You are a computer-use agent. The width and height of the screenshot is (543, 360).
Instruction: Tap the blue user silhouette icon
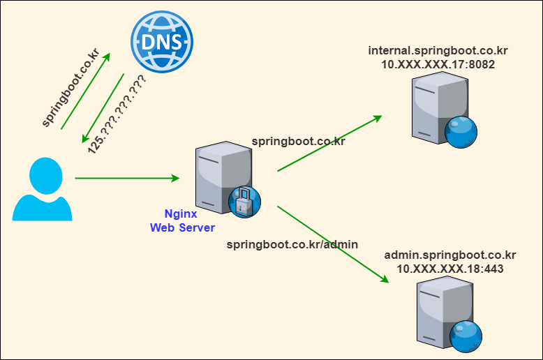pyautogui.click(x=43, y=189)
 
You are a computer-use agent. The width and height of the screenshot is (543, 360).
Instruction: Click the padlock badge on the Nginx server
pyautogui.click(x=245, y=203)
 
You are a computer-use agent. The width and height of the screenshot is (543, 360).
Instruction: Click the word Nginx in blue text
pyautogui.click(x=180, y=214)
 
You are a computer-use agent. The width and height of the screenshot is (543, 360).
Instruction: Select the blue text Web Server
pyautogui.click(x=183, y=227)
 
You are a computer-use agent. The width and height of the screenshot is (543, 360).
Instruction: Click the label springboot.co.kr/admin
pyautogui.click(x=292, y=244)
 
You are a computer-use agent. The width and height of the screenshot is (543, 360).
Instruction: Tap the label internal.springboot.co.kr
pyautogui.click(x=438, y=50)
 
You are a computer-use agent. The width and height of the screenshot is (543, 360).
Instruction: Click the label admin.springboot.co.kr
pyautogui.click(x=450, y=255)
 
